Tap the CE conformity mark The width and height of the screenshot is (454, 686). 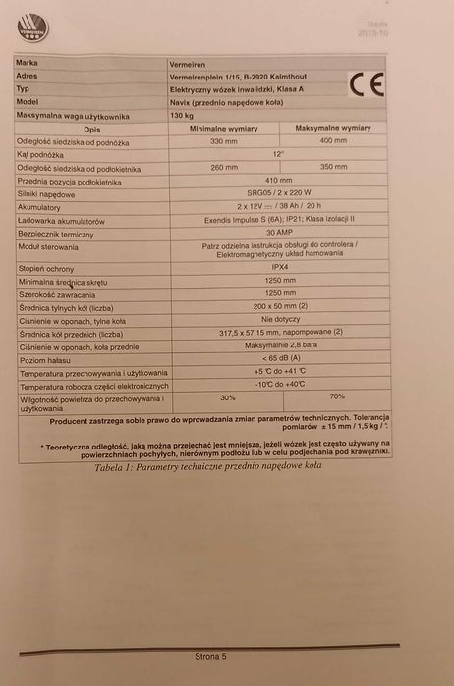[x=363, y=87]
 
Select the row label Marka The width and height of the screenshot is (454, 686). [x=28, y=62]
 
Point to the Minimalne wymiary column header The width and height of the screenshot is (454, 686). [x=222, y=128]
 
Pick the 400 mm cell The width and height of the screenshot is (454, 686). [x=334, y=141]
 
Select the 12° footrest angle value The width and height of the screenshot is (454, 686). [x=280, y=154]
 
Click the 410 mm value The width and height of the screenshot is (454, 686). [x=279, y=181]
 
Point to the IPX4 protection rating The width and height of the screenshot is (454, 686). [x=279, y=266]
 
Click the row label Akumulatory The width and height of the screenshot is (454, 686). [x=39, y=207]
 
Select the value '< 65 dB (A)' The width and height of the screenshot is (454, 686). [x=279, y=358]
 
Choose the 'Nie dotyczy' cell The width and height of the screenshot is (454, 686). [x=279, y=319]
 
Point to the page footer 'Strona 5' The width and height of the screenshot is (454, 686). [x=210, y=654]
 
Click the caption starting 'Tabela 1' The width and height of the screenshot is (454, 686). [x=209, y=466]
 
